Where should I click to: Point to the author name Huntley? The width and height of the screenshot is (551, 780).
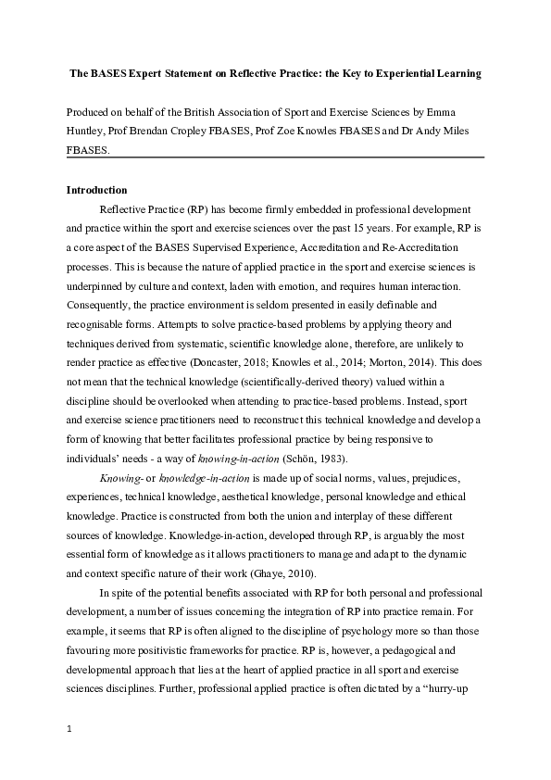[x=88, y=132]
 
